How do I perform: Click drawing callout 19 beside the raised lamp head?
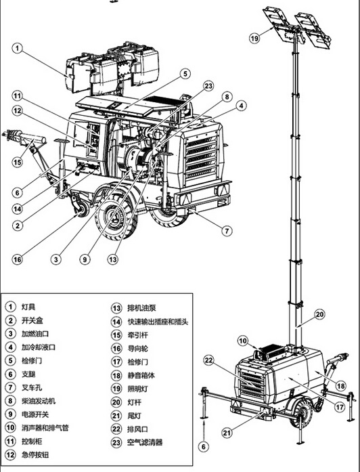pyautogui.click(x=254, y=38)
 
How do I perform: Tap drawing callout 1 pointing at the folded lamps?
pyautogui.click(x=18, y=48)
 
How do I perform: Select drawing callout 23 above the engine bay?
pyautogui.click(x=208, y=86)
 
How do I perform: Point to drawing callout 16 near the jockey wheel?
pyautogui.click(x=17, y=259)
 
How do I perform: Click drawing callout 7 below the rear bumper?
pyautogui.click(x=227, y=231)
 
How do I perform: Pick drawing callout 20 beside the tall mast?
pyautogui.click(x=319, y=315)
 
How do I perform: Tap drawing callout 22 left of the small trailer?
pyautogui.click(x=208, y=360)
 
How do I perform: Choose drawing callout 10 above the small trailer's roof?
pyautogui.click(x=243, y=341)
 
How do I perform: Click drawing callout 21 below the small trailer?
pyautogui.click(x=227, y=433)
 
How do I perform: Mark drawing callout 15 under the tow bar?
pyautogui.click(x=17, y=162)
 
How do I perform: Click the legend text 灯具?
pyautogui.click(x=28, y=307)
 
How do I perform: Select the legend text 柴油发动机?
pyautogui.click(x=39, y=401)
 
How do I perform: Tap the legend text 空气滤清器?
pyautogui.click(x=145, y=442)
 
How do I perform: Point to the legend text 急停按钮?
pyautogui.click(x=35, y=454)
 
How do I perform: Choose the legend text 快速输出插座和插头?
pyautogui.click(x=158, y=322)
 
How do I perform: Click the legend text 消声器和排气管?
pyautogui.click(x=45, y=428)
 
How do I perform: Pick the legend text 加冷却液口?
pyautogui.click(x=39, y=347)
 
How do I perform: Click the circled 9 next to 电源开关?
pyautogui.click(x=11, y=414)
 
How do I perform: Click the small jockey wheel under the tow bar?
pyautogui.click(x=81, y=209)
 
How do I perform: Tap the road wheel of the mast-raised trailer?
pyautogui.click(x=301, y=412)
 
